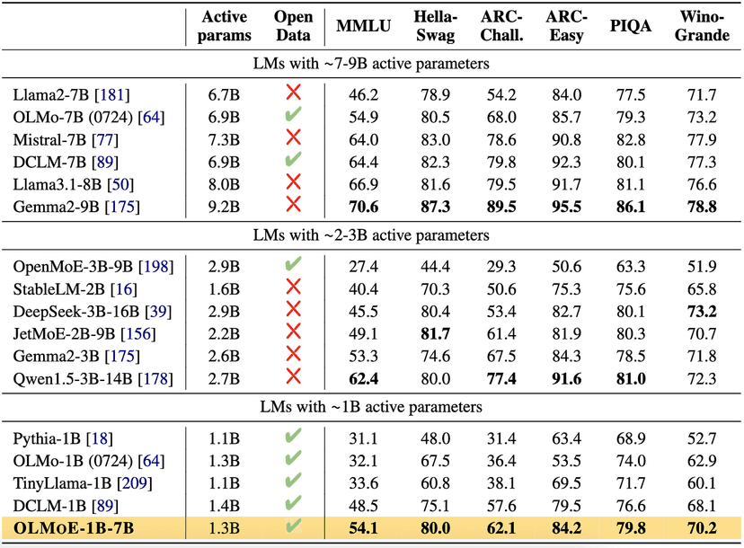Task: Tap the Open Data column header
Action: point(292,26)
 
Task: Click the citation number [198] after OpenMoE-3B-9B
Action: point(155,267)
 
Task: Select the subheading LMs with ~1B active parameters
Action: point(370,407)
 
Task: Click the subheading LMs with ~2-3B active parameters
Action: point(370,235)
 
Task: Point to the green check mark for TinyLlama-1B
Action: point(292,482)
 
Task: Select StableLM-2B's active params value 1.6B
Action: point(224,288)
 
